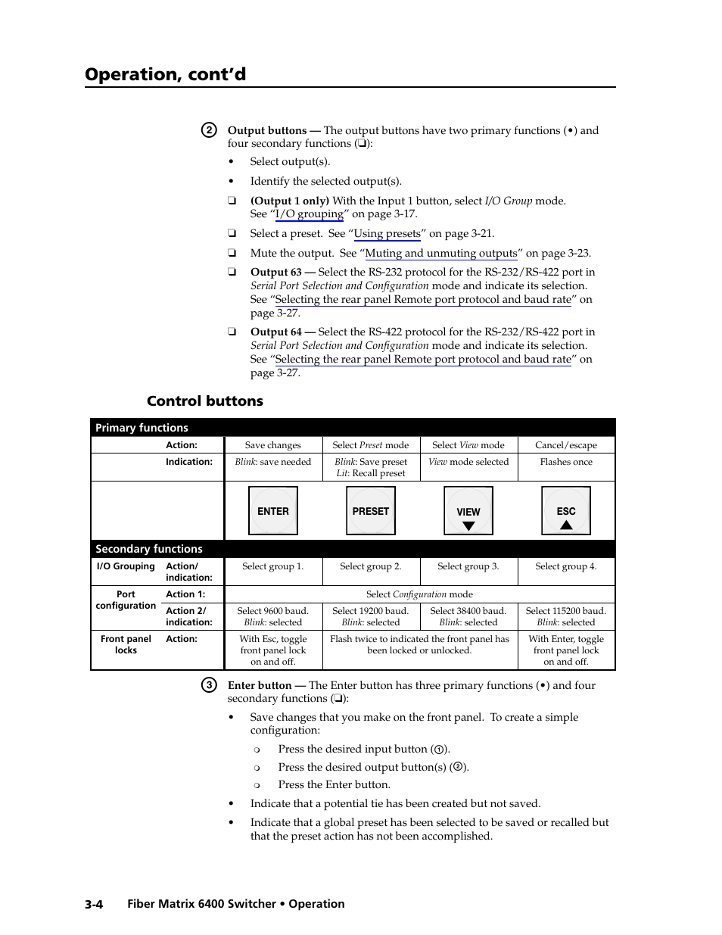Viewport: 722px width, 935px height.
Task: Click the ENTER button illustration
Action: click(x=272, y=511)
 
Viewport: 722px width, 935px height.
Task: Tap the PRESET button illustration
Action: click(x=370, y=511)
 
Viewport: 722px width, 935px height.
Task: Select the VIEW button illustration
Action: click(x=468, y=512)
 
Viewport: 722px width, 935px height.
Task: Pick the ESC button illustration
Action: click(x=565, y=512)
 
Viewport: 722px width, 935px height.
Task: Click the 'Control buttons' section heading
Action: click(x=205, y=401)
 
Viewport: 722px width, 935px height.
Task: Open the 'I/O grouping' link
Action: click(x=309, y=214)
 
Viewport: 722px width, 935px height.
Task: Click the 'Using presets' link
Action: click(x=387, y=234)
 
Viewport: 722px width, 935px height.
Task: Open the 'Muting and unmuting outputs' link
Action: click(x=441, y=254)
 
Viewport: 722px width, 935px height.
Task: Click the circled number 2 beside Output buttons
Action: click(x=209, y=130)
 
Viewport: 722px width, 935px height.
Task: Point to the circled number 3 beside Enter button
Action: click(x=209, y=685)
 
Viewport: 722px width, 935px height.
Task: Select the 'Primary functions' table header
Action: click(x=142, y=428)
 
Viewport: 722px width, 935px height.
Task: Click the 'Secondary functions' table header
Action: click(x=149, y=549)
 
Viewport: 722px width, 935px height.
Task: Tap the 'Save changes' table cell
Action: click(x=272, y=445)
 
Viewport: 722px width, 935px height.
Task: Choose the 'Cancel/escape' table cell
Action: click(x=565, y=445)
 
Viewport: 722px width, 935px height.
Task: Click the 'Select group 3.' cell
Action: click(x=468, y=566)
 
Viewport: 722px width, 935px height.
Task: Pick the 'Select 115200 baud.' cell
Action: click(x=565, y=611)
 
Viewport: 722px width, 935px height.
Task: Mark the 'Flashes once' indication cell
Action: click(x=565, y=462)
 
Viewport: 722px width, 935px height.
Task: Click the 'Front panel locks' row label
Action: click(x=126, y=644)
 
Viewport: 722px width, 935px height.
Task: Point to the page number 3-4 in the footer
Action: click(x=94, y=904)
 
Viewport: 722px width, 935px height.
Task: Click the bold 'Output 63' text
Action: click(x=275, y=273)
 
